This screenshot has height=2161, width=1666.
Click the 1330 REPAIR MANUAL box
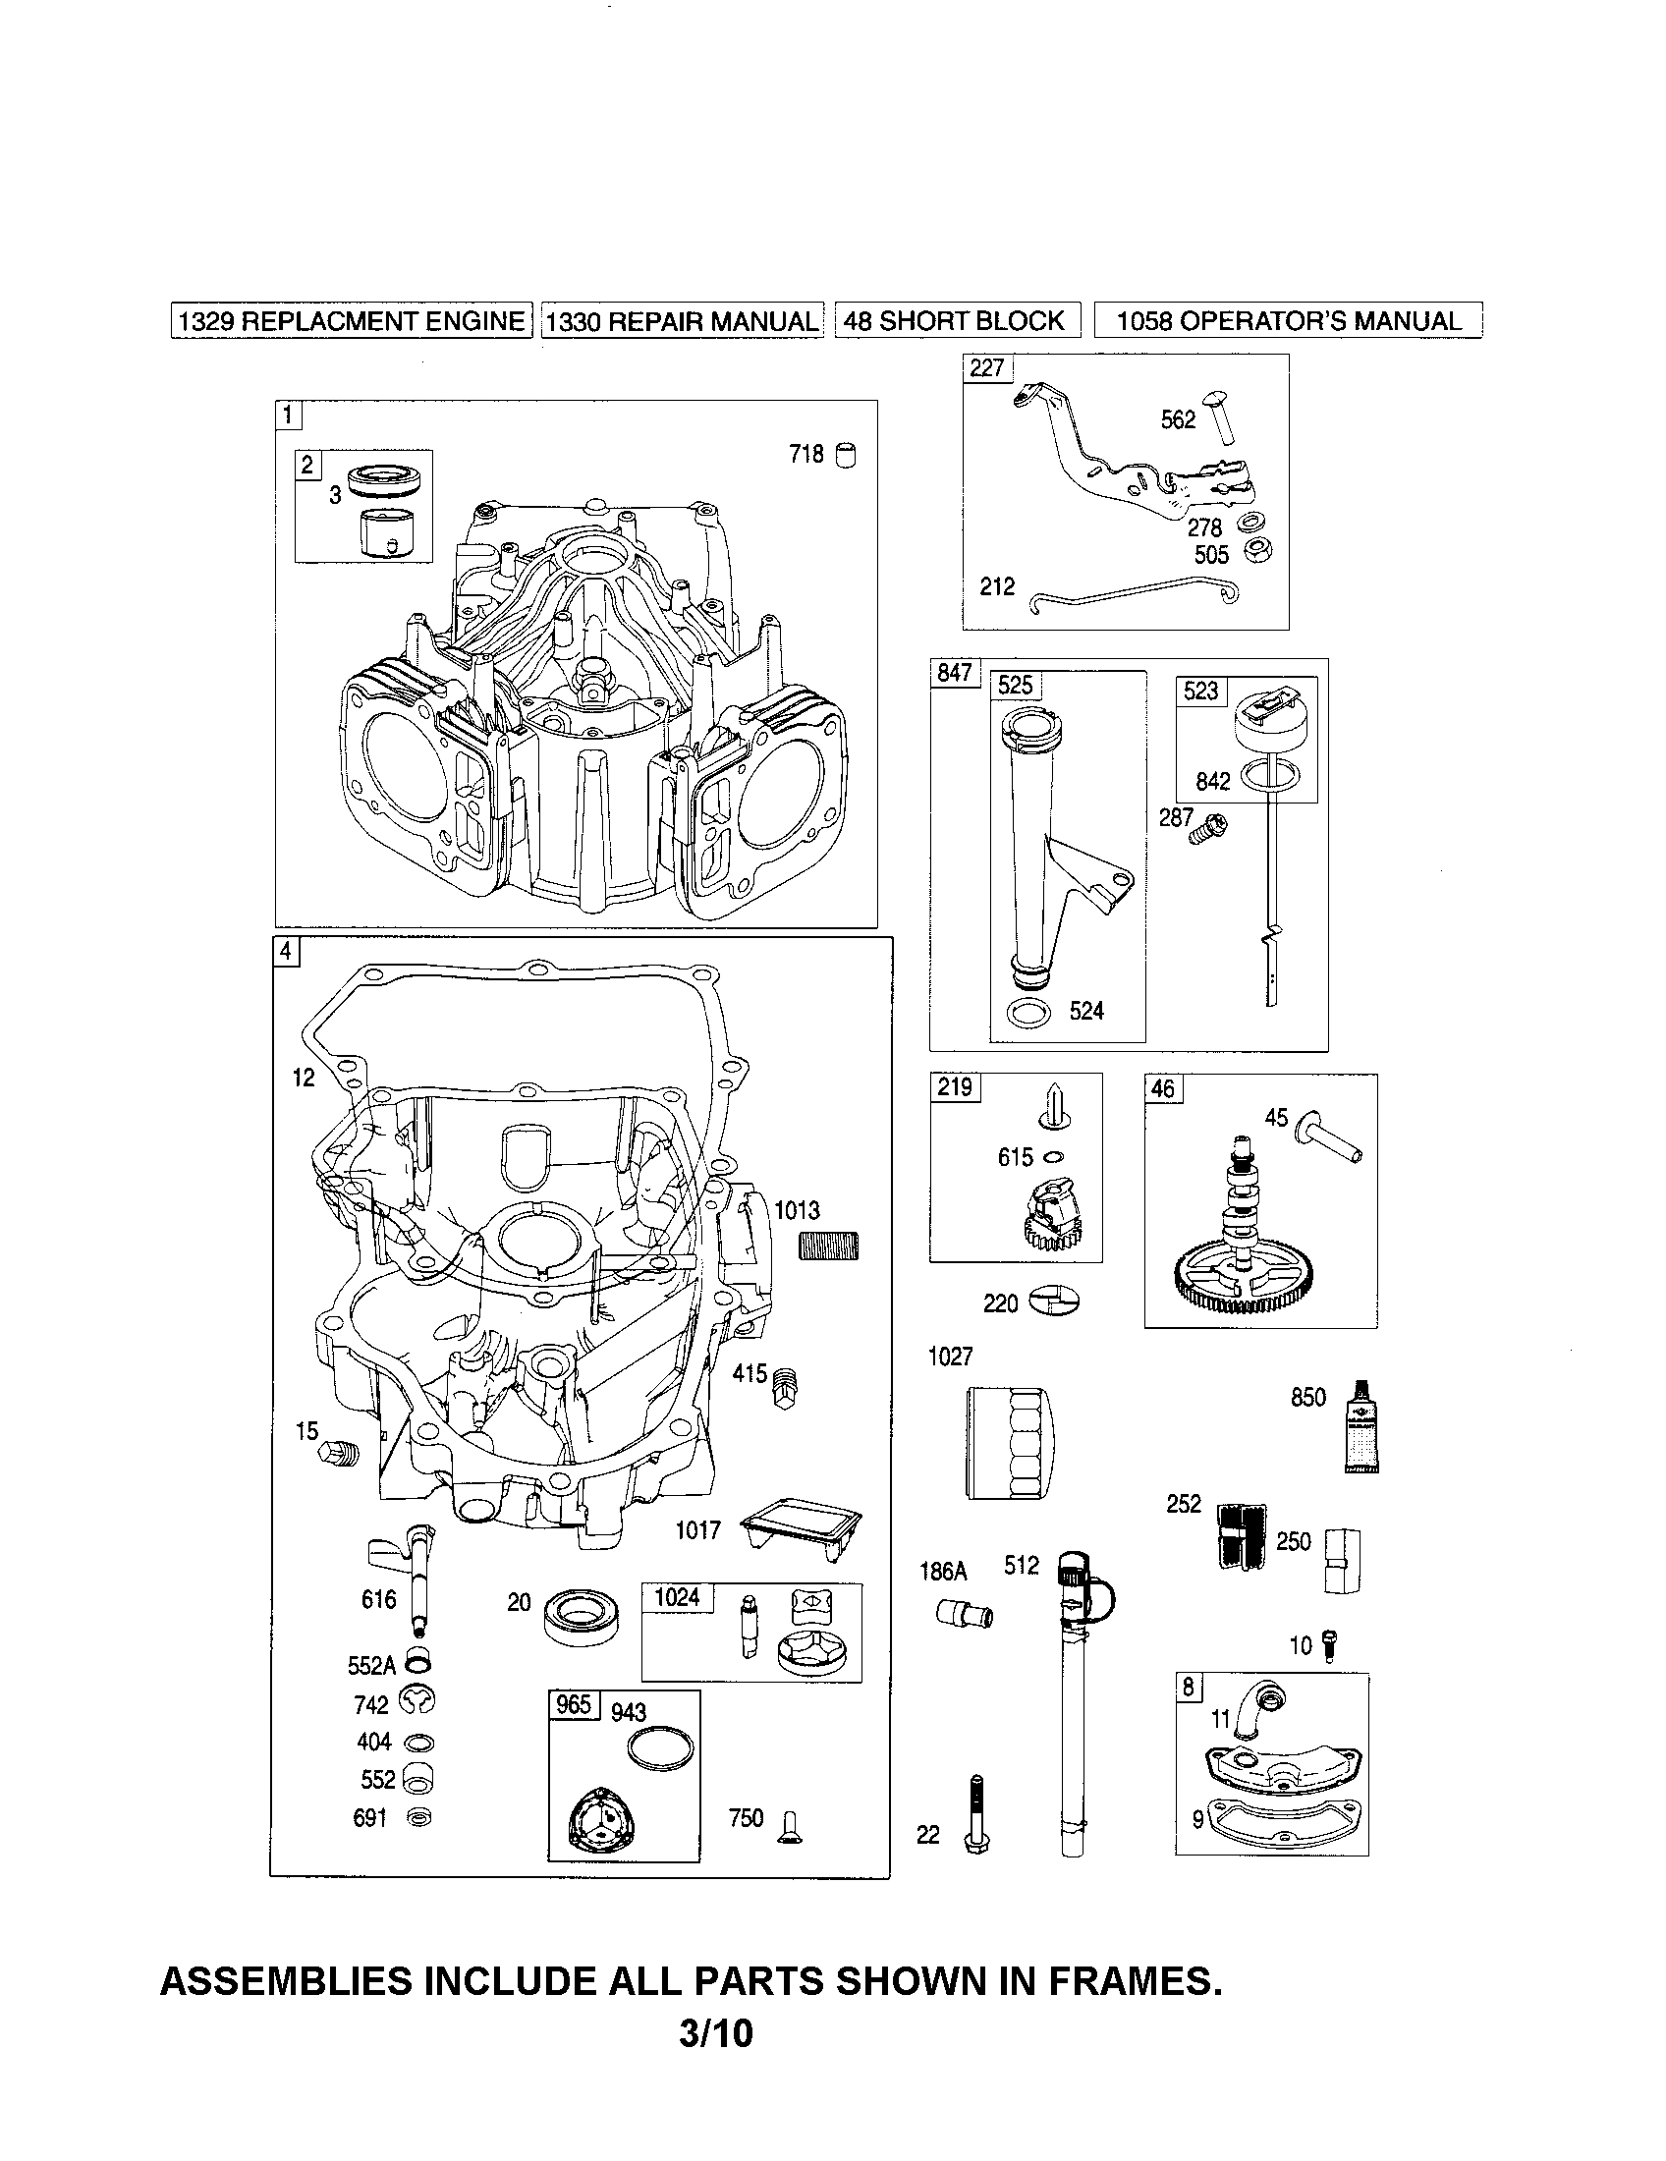(682, 320)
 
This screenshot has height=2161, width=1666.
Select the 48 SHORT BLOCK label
(957, 320)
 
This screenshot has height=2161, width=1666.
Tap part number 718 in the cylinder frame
(806, 454)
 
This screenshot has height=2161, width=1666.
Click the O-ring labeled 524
(1028, 1014)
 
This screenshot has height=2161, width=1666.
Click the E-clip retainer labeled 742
(416, 1702)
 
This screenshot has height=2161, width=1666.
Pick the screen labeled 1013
(828, 1246)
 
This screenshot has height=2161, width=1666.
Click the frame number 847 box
(955, 673)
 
